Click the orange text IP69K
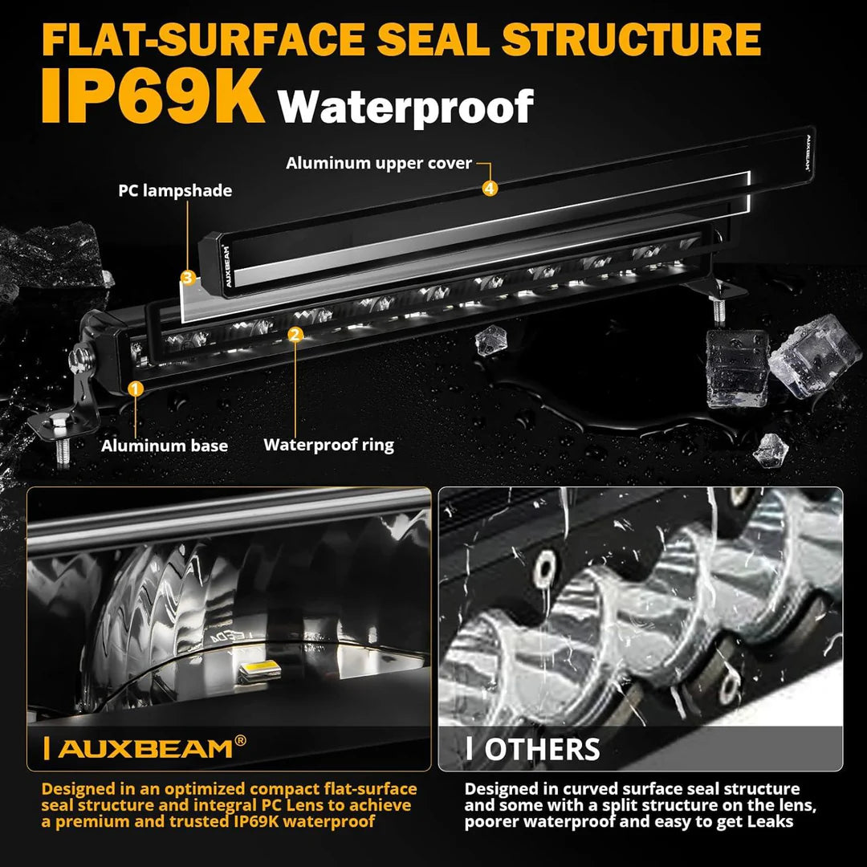pos(153,97)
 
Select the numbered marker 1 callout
pos(136,389)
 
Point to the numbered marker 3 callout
pos(187,278)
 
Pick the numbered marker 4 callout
pos(490,188)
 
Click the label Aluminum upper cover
pos(379,163)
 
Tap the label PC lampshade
pos(175,190)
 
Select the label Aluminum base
pos(165,446)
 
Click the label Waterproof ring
pos(328,444)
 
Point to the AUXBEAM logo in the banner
pos(144,748)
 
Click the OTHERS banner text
pos(542,749)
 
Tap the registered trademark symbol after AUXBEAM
pos(240,742)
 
